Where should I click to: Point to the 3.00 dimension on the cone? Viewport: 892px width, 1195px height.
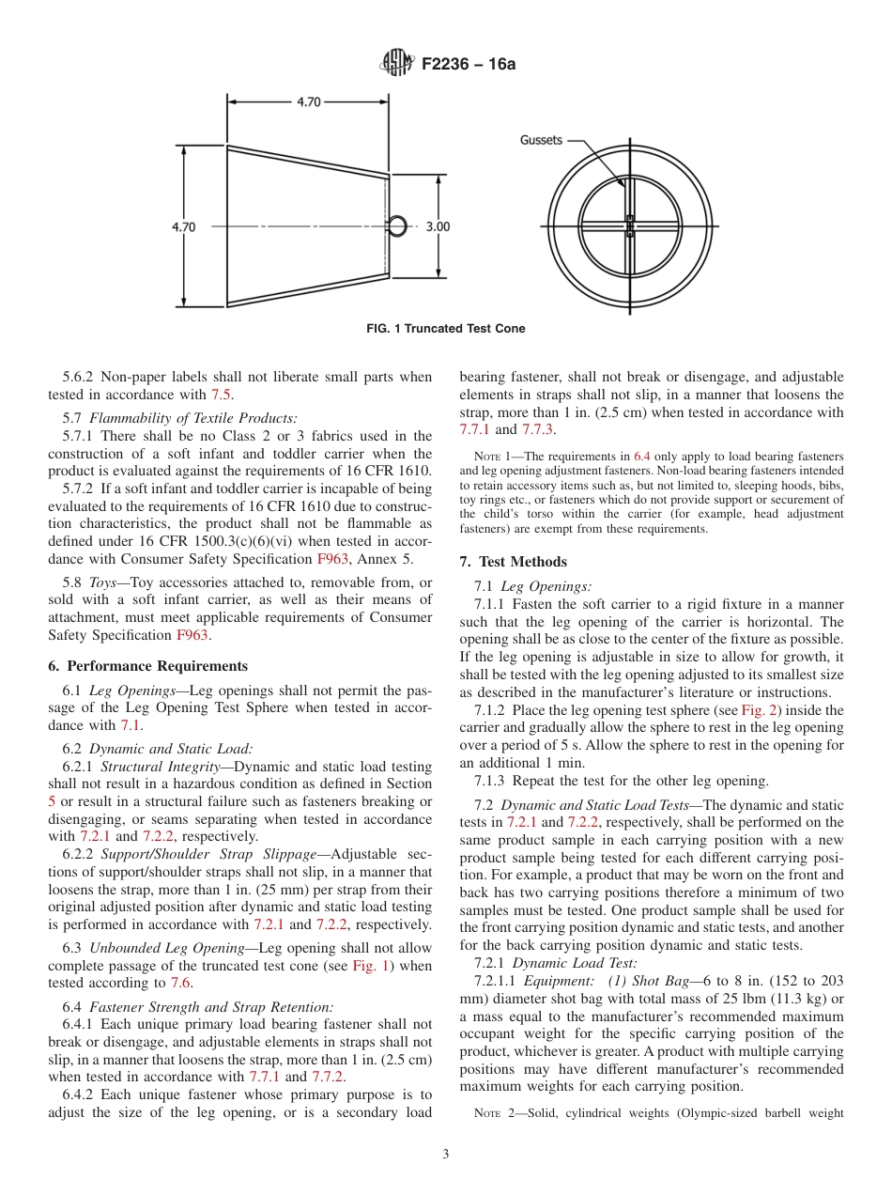(x=438, y=226)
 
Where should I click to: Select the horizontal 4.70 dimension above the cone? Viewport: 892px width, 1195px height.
(x=309, y=102)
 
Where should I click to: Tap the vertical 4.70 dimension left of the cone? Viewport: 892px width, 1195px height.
(x=184, y=226)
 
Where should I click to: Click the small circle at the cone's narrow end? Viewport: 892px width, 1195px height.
(x=398, y=225)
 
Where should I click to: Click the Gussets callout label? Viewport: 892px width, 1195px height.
(x=541, y=140)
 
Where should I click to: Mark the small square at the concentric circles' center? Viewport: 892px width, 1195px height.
(x=630, y=225)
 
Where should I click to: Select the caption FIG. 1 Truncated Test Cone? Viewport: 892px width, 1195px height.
(x=445, y=329)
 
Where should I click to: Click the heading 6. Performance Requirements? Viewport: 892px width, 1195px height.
(x=148, y=666)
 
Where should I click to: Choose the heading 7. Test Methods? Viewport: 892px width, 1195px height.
(x=513, y=562)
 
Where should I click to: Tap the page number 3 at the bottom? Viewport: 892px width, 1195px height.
(x=446, y=1155)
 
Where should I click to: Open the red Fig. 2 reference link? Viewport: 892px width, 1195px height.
(x=757, y=710)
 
